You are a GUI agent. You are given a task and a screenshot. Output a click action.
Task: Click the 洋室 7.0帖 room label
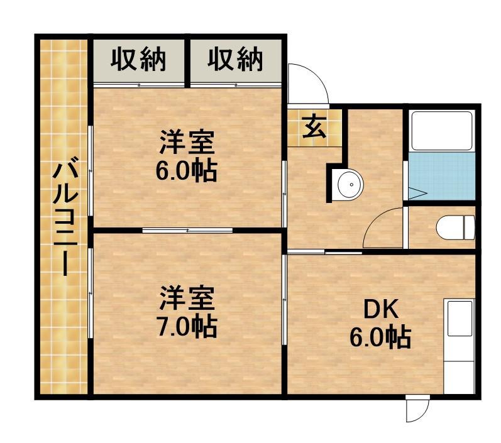(x=187, y=312)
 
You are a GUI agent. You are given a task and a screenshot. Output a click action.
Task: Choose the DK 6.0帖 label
(x=380, y=324)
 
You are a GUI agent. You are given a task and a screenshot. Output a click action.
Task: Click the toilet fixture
(x=456, y=227)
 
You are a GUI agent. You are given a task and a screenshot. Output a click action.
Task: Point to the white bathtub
(x=441, y=131)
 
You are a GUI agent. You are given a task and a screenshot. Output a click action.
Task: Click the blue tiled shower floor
(x=441, y=176)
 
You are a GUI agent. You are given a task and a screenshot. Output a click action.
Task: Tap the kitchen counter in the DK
(x=460, y=346)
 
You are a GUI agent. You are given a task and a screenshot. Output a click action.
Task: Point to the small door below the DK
(x=416, y=409)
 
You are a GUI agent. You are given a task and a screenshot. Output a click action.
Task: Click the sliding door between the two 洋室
(x=187, y=231)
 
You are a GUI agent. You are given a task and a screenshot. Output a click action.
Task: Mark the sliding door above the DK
(x=324, y=252)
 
